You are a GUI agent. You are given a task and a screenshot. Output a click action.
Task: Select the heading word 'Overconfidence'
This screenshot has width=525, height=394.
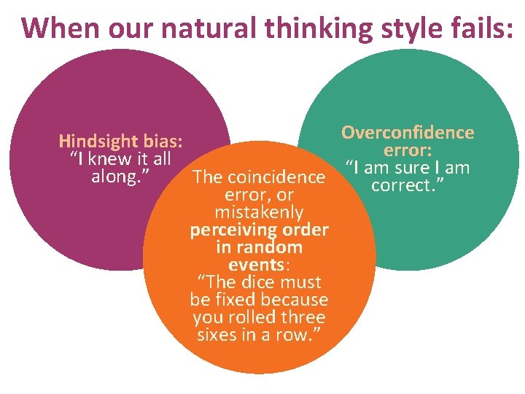[x=408, y=133]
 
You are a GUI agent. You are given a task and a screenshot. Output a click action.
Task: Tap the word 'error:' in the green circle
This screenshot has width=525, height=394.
[x=408, y=151]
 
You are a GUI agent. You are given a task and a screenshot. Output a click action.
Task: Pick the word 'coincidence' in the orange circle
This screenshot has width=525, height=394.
[x=276, y=177]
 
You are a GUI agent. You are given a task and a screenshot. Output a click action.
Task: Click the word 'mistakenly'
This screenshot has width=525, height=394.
[x=259, y=213]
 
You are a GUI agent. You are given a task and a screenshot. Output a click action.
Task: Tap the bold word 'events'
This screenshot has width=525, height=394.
[x=256, y=265]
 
